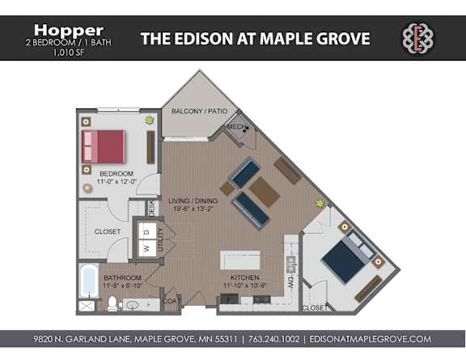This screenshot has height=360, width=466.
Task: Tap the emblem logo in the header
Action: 417,38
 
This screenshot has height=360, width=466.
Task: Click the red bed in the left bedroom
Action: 104,146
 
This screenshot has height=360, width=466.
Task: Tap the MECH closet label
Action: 235,127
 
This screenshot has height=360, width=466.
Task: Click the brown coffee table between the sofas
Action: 264,191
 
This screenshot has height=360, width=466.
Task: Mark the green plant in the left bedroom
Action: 149,121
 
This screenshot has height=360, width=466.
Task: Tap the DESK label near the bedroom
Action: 151,209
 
